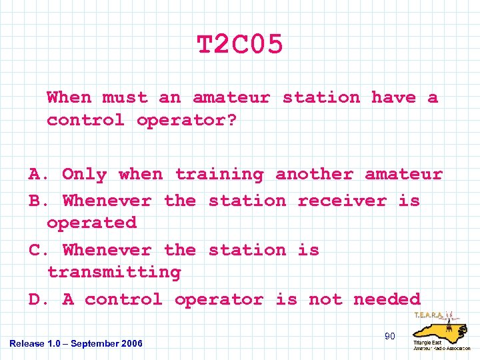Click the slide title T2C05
pyautogui.click(x=240, y=45)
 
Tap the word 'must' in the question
pyautogui.click(x=125, y=97)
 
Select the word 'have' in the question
pyautogui.click(x=393, y=97)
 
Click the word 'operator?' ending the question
pyautogui.click(x=187, y=121)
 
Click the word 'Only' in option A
pyautogui.click(x=84, y=175)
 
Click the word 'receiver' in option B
pyautogui.click(x=342, y=201)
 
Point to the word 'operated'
pyautogui.click(x=91, y=223)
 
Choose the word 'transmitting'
pyautogui.click(x=114, y=273)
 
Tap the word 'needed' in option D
pyautogui.click(x=387, y=300)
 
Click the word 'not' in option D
pyautogui.click(x=325, y=300)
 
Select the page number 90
pyautogui.click(x=389, y=337)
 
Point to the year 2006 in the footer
pyautogui.click(x=132, y=343)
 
